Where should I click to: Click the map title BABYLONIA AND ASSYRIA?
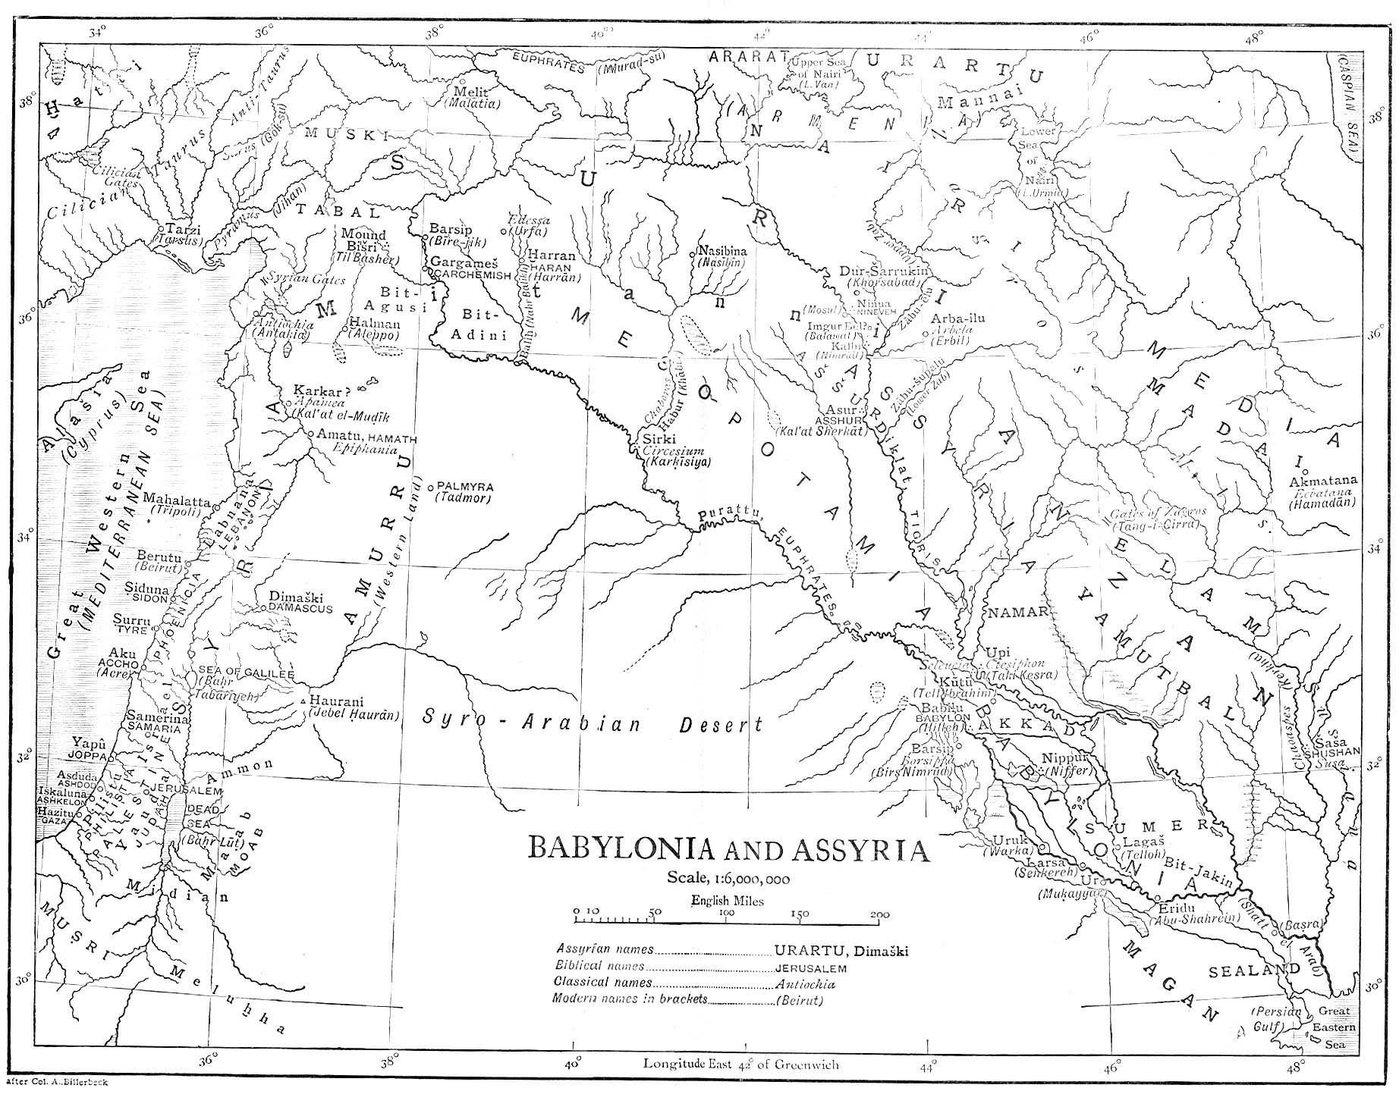tap(728, 849)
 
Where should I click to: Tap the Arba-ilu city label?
tap(957, 318)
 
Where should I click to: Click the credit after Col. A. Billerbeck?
tap(56, 1082)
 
